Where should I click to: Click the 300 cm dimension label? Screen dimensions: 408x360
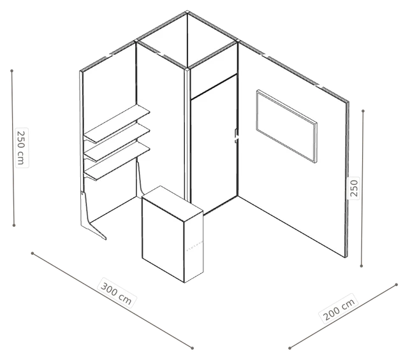coord(116,293)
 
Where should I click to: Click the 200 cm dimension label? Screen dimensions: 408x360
coord(339,308)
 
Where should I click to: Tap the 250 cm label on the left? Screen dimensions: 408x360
coord(21,147)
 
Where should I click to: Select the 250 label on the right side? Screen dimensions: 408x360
coord(354,188)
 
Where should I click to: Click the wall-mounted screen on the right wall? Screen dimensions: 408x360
coord(287,126)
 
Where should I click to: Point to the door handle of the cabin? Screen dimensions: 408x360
coord(237,136)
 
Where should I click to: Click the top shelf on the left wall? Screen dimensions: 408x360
coord(117,124)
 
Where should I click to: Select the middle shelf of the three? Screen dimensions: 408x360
coord(117,142)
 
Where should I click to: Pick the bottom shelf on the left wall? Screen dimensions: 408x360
coord(117,161)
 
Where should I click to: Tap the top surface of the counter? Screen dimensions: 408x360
coord(173,203)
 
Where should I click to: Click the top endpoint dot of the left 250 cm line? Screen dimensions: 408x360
coord(11,71)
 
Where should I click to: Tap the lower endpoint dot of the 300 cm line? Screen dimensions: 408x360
coord(193,348)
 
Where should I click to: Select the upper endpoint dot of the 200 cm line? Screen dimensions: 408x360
coord(397,285)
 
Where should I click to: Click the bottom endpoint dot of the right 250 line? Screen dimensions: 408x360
coord(361,266)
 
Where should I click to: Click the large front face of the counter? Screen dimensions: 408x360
coord(163,240)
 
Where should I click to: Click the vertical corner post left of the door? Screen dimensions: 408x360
coord(187,135)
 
